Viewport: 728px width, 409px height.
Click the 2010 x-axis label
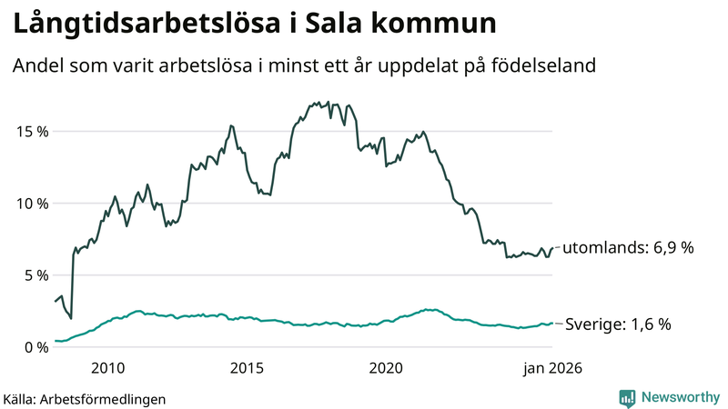[x=107, y=368]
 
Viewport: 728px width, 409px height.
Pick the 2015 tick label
[x=247, y=368]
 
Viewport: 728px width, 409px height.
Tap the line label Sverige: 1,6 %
[x=619, y=324]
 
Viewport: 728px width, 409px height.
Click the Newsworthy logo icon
[x=627, y=397]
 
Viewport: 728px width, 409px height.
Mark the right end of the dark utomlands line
[x=552, y=247]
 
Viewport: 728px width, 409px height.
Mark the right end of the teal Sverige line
[x=552, y=324]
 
